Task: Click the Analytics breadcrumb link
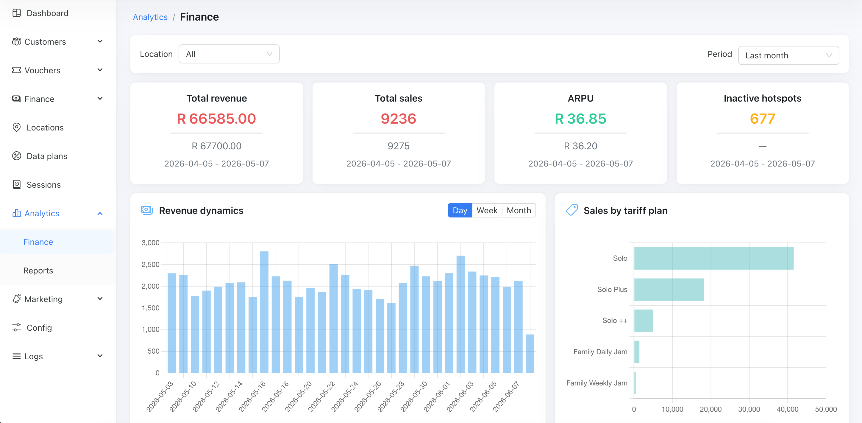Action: [x=150, y=17]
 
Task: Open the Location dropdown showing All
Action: [x=229, y=54]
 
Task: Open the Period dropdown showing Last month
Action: [x=788, y=55]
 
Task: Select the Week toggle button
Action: [x=487, y=210]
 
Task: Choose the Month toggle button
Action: [x=519, y=210]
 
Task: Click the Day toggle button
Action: [x=460, y=210]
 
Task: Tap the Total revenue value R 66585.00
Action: [x=216, y=119]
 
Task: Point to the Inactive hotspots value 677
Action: [x=762, y=119]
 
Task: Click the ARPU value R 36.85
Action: [x=580, y=119]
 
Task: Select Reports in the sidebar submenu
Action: [x=38, y=270]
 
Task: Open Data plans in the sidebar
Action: [x=47, y=156]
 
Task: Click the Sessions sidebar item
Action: [x=43, y=184]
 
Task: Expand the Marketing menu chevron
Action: [x=100, y=298]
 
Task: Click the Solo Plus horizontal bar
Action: [x=669, y=289]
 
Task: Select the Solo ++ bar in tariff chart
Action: [x=644, y=321]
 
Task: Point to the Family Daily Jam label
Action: [x=600, y=352]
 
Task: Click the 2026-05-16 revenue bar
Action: [x=264, y=312]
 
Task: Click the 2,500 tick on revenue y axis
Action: [x=150, y=264]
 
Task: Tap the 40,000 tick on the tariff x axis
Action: [x=787, y=409]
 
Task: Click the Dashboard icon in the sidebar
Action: [x=16, y=13]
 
